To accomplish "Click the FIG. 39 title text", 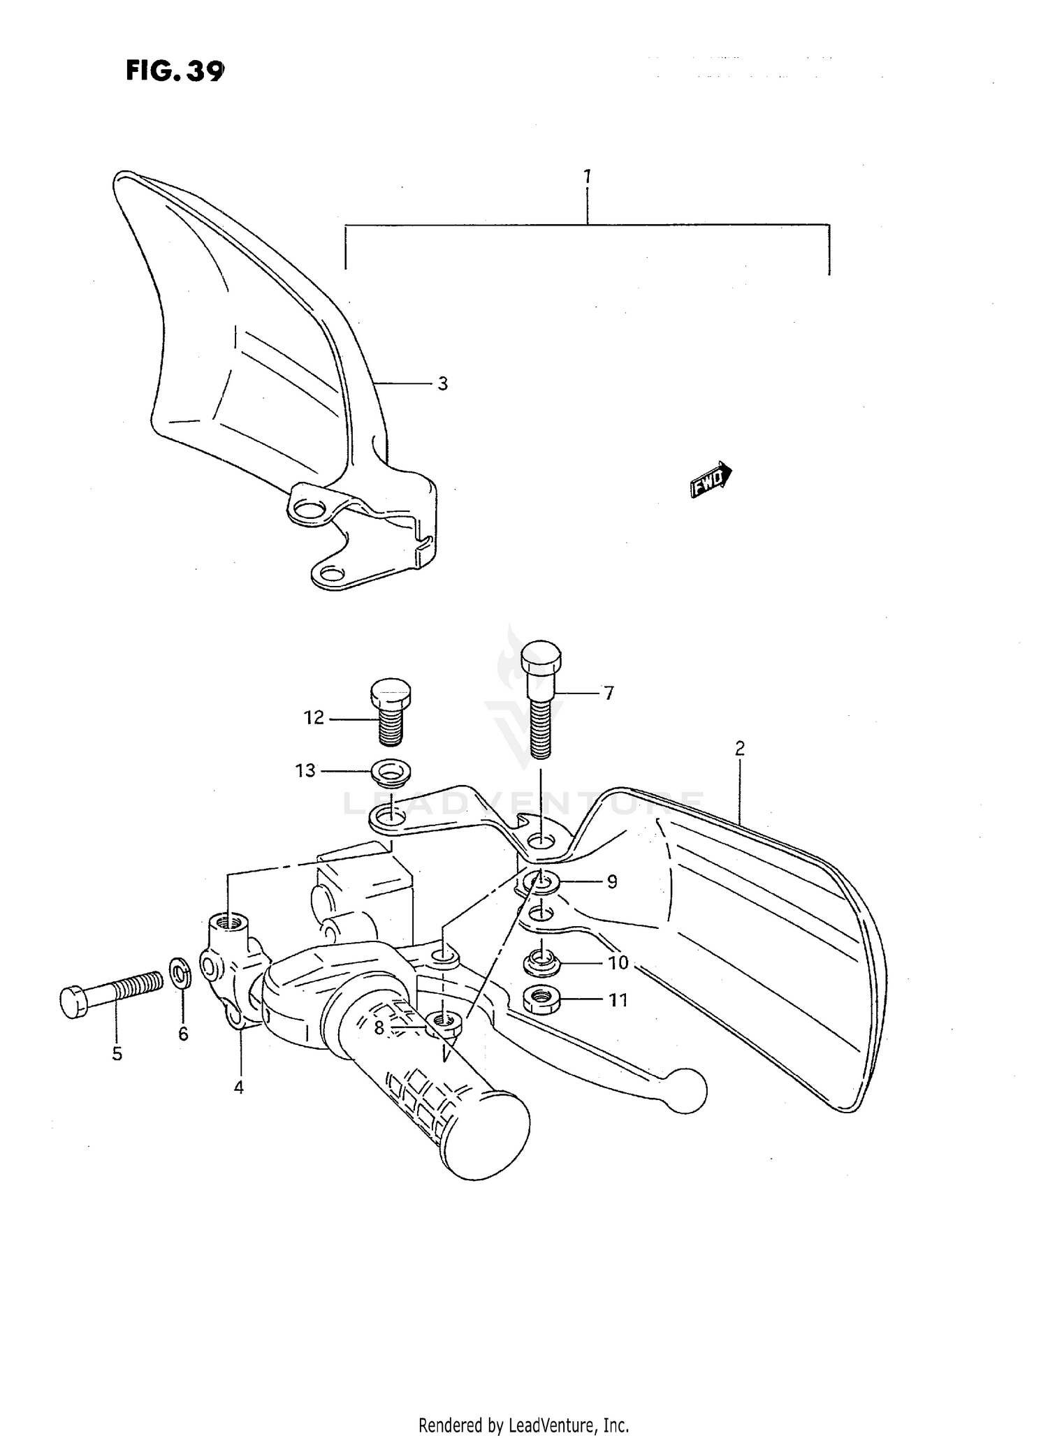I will point(175,71).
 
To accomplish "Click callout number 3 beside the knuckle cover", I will point(443,383).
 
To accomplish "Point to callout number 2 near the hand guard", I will point(740,749).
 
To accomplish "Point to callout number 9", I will point(611,882).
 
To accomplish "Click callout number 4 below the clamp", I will point(239,1087).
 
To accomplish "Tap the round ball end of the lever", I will point(685,1090).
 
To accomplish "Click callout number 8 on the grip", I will point(379,1027).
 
